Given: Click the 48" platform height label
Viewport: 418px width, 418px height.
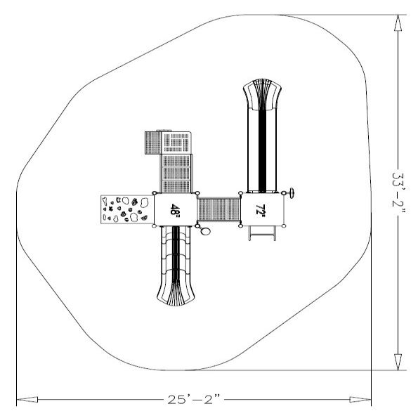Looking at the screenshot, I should [x=175, y=209].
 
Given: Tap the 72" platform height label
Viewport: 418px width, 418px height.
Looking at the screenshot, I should [x=261, y=209].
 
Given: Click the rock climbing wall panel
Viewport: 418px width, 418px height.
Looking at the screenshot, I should [x=126, y=209].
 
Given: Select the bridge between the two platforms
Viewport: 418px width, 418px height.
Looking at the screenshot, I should [x=218, y=209].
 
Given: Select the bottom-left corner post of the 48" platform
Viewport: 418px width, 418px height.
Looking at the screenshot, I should [x=154, y=225].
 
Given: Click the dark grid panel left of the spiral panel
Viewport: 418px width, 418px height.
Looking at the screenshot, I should [x=152, y=143].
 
